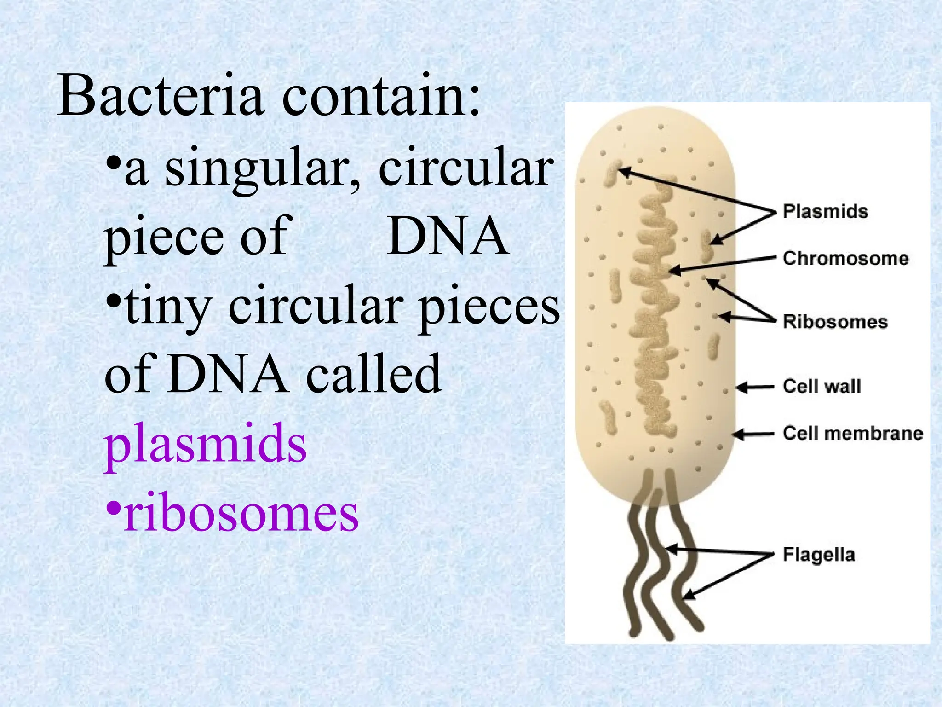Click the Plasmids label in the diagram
coord(825,211)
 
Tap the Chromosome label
coord(845,258)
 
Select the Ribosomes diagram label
coord(835,321)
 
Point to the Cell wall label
coord(821,386)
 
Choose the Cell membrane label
coord(853,433)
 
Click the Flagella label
coord(819,555)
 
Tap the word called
coord(373,374)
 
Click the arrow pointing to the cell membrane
coord(753,434)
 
